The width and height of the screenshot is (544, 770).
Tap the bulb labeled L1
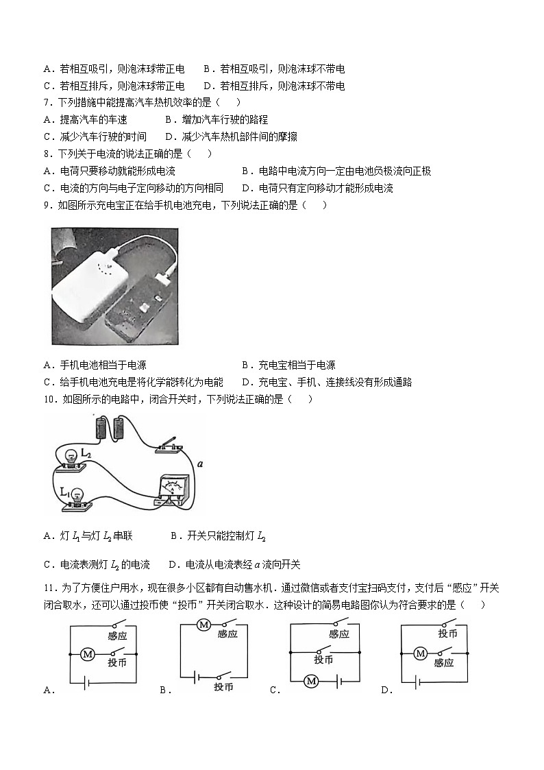tap(77, 495)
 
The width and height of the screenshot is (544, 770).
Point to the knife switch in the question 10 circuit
tap(169, 444)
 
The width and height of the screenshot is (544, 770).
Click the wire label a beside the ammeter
tap(199, 464)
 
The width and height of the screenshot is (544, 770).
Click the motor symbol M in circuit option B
tap(203, 624)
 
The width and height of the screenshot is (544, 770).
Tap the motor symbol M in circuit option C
tap(312, 680)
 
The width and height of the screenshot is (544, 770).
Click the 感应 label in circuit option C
tap(339, 634)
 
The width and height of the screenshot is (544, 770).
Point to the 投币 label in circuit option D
tap(447, 634)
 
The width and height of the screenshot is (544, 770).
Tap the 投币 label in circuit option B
tap(224, 687)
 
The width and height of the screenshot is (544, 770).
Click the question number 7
tap(46, 103)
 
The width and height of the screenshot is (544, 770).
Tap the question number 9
tap(46, 205)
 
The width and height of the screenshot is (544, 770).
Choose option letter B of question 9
tap(245, 365)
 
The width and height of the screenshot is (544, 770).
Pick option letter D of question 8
tap(245, 188)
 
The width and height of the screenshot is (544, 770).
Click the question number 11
tap(48, 588)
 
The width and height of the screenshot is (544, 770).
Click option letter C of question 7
tap(47, 136)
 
